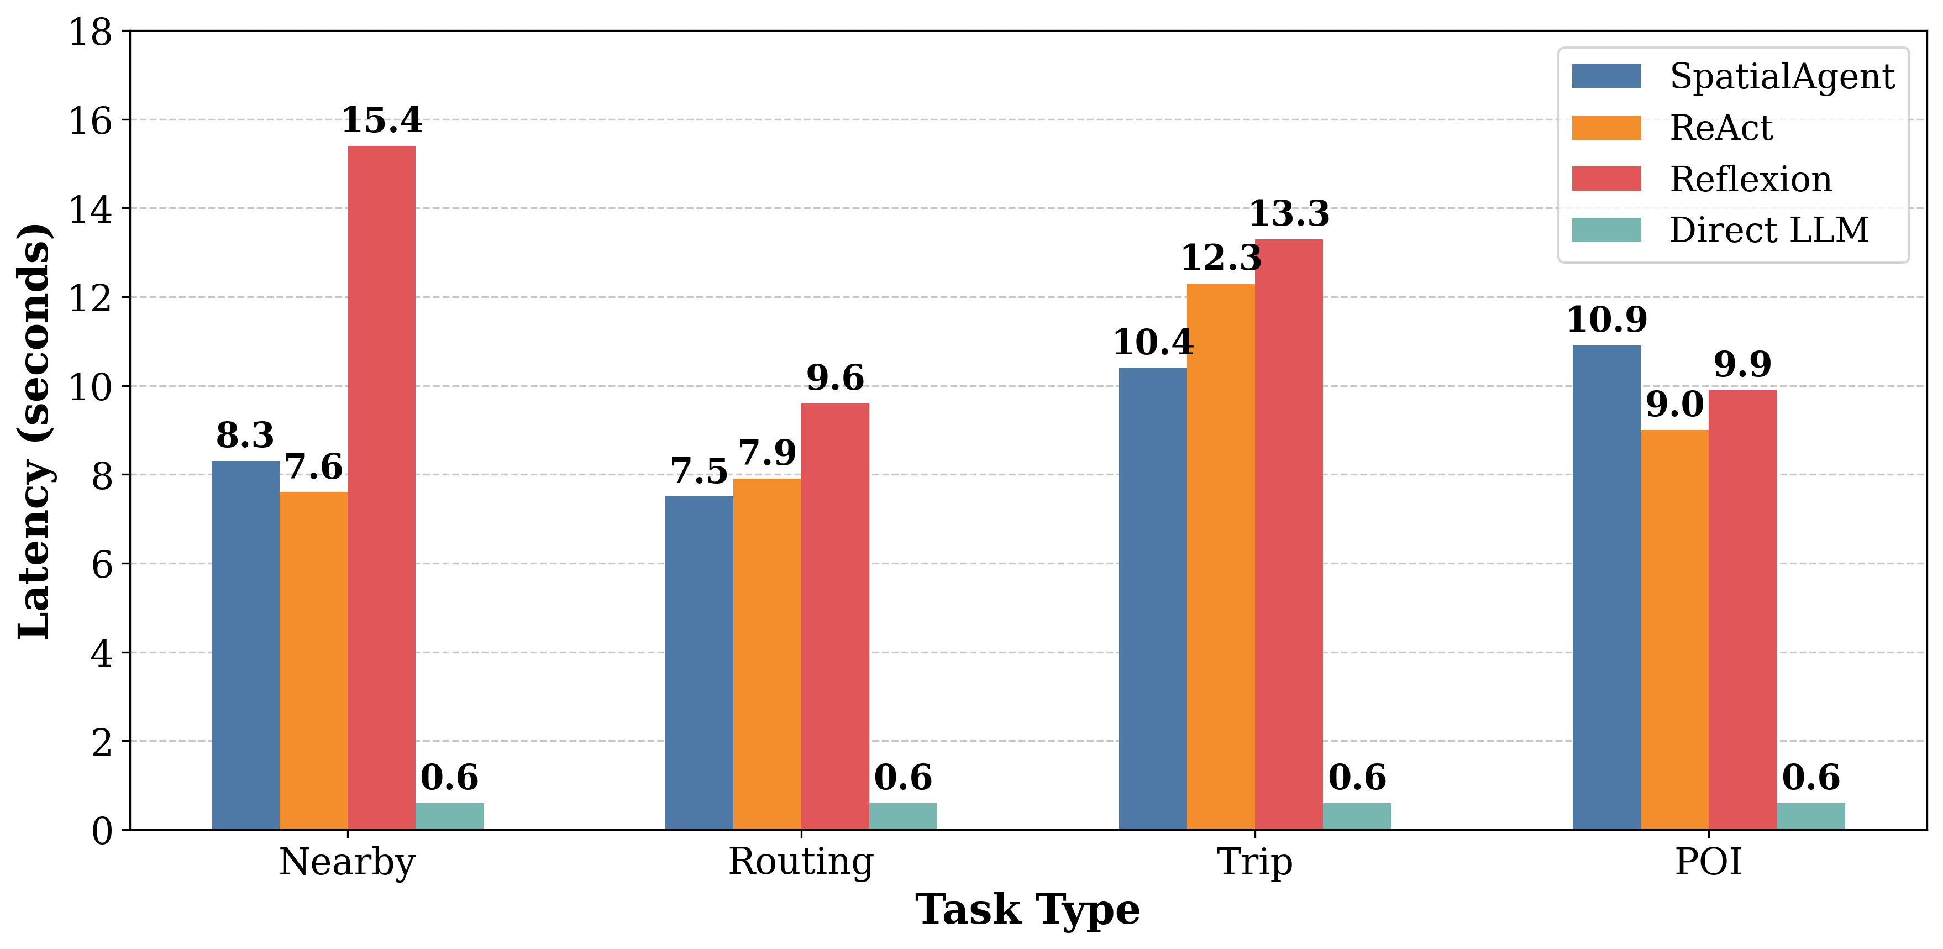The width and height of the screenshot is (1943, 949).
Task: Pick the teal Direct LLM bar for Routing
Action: tap(903, 816)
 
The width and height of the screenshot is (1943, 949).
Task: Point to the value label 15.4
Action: tap(382, 120)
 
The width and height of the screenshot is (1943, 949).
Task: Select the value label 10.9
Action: tap(1606, 321)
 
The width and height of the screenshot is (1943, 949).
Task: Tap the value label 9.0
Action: tap(1674, 405)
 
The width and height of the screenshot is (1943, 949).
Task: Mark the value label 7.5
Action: tap(699, 472)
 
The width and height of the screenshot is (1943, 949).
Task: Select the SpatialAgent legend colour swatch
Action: tap(1606, 76)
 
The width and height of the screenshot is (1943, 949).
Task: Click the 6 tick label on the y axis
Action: tap(101, 564)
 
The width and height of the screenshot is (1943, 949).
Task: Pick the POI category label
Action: tap(1709, 862)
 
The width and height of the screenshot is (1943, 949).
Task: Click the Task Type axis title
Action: tap(1027, 910)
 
